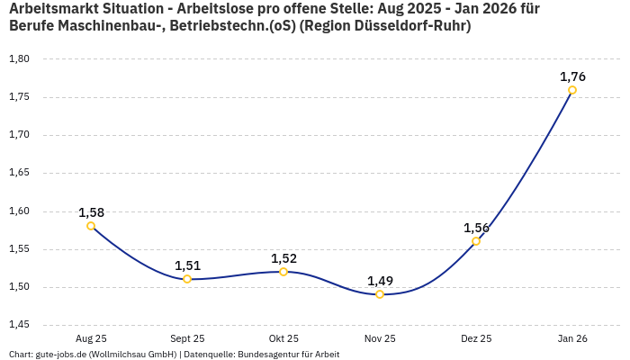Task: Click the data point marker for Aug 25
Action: coord(91,226)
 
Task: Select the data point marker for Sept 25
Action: coord(187,279)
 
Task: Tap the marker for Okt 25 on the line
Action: coord(283,272)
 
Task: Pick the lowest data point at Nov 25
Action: coord(380,294)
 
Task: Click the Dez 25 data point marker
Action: coord(476,241)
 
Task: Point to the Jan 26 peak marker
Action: coord(572,90)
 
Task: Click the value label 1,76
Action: coord(572,76)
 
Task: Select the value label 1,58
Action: coord(91,212)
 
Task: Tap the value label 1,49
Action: coord(380,281)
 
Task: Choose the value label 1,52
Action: coord(283,258)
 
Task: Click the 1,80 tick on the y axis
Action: coord(19,59)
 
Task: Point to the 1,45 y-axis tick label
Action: coord(19,325)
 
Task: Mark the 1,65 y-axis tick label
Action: coord(19,173)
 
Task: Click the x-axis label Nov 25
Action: coord(380,338)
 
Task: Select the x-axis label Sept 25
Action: coord(187,338)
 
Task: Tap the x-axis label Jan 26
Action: coord(572,338)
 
